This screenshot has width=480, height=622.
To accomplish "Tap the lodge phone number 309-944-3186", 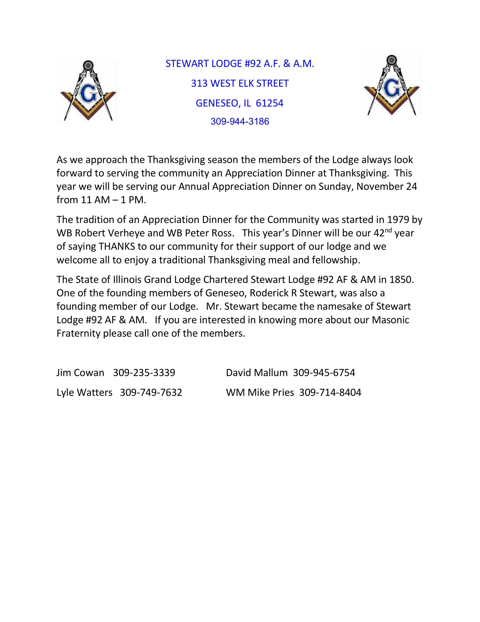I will pos(240,122).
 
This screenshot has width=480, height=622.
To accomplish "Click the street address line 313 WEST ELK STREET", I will pos(240,83).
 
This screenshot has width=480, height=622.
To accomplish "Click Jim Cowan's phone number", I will pos(144,372).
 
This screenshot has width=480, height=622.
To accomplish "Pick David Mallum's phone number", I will pos(324,372).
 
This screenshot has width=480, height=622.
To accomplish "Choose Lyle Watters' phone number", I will pos(151,392).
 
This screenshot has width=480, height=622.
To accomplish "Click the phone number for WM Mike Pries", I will pos(330,392).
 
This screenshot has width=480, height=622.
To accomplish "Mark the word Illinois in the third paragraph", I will pos(127,279).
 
